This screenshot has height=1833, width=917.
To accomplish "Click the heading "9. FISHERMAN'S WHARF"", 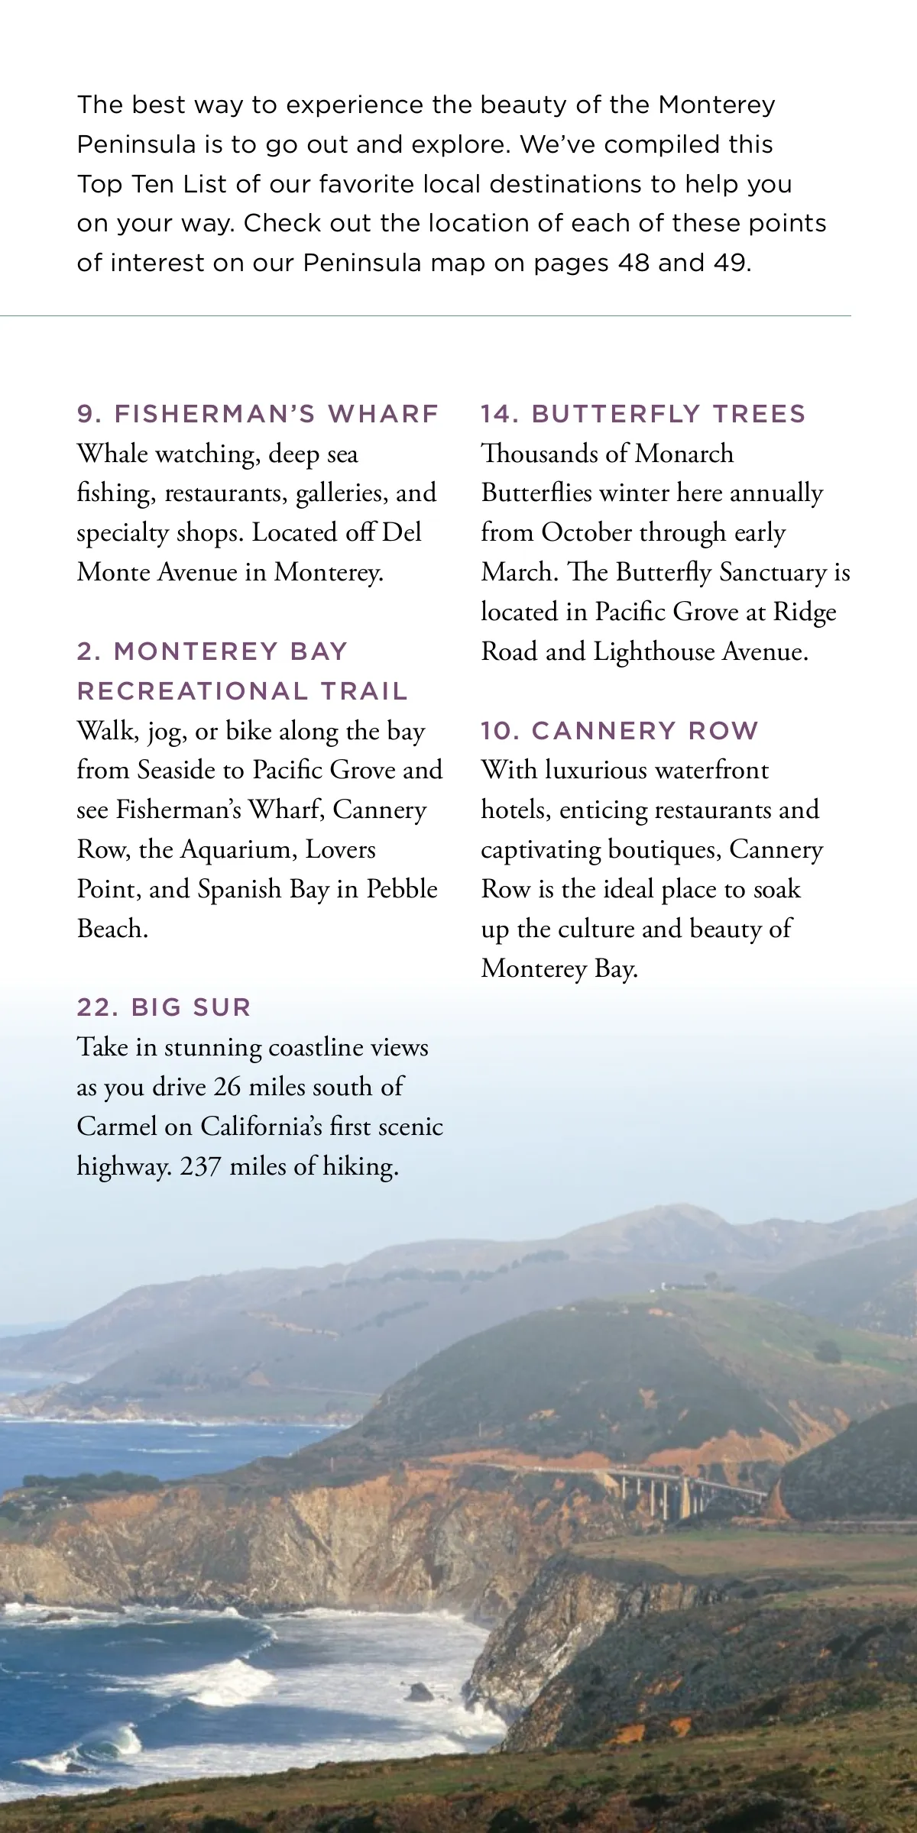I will coord(258,414).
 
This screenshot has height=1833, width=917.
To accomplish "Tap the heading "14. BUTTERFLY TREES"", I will coord(643,414).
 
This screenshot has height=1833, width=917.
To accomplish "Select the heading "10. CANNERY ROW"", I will coord(619,731).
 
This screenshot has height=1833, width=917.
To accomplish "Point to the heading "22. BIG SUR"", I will coord(164,1007).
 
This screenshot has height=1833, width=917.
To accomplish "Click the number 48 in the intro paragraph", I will coord(633,263).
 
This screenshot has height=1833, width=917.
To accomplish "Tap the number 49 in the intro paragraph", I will coord(731,263).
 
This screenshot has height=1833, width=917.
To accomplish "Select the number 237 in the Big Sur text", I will coord(200,1166).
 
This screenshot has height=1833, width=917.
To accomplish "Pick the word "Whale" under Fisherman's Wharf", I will coord(112,454).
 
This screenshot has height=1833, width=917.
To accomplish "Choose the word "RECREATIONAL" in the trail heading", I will coord(191,691).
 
